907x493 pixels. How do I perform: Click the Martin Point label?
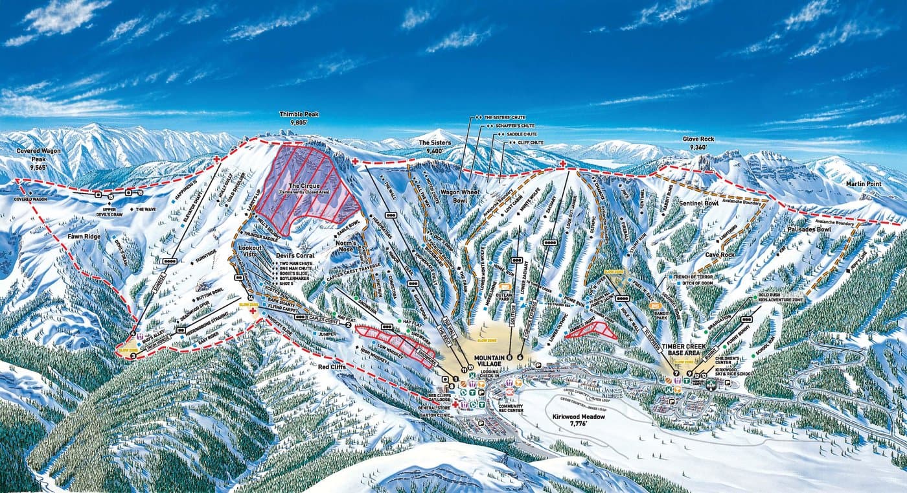(x=864, y=184)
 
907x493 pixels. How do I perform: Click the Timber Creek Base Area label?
(x=681, y=350)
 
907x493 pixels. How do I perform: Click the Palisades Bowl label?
(x=809, y=229)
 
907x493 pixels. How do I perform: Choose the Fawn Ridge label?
(x=84, y=236)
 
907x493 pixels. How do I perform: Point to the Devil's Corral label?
(x=294, y=255)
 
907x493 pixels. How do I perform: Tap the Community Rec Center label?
(x=511, y=409)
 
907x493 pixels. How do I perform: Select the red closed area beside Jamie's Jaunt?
(x=590, y=330)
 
